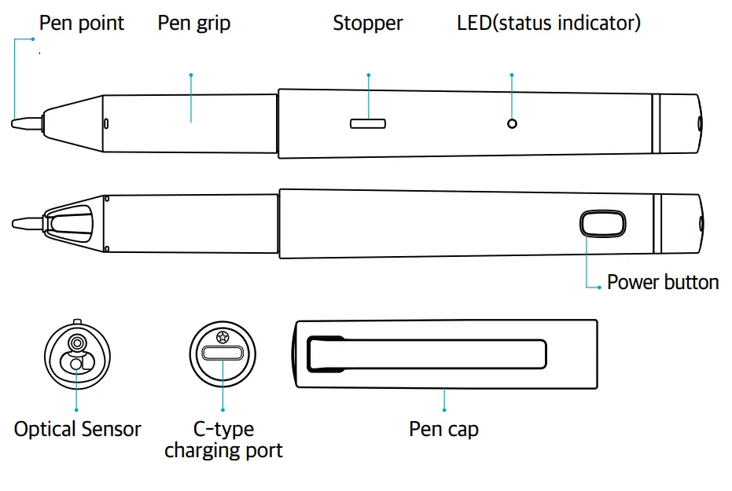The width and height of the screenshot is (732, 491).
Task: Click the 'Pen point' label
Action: [x=82, y=24]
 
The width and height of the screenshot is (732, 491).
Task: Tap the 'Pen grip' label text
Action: [x=194, y=24]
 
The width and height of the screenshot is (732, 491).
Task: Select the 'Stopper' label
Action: [x=367, y=24]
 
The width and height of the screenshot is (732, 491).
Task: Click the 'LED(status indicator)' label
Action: [x=549, y=24]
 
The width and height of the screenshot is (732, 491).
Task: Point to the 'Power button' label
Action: [x=663, y=283]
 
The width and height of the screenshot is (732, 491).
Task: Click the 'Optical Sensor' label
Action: [x=77, y=430]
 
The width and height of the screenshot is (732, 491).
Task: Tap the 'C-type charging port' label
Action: [x=223, y=440]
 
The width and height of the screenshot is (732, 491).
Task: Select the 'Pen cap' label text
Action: [x=443, y=430]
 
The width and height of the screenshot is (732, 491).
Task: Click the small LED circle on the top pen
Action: [x=512, y=123]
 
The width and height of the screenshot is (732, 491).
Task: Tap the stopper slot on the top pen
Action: [x=367, y=123]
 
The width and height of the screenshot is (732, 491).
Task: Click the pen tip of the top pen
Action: [x=25, y=123]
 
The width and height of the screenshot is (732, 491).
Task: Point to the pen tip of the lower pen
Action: [x=25, y=223]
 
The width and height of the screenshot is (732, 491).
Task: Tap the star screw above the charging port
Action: [x=223, y=336]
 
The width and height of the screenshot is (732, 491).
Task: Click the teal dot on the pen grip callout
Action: [x=191, y=75]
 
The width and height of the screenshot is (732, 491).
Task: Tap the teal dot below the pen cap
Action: [x=444, y=410]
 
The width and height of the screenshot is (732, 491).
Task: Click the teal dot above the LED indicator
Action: [x=512, y=75]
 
